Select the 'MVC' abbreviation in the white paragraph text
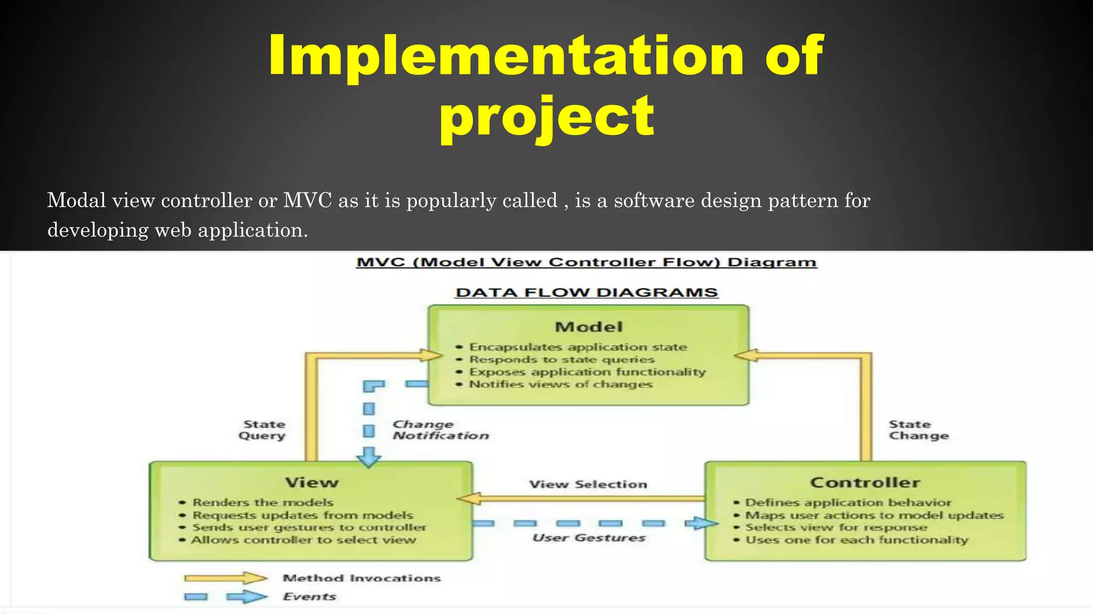pyautogui.click(x=307, y=201)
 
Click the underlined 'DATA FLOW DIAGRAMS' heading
pyautogui.click(x=587, y=293)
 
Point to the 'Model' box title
pyautogui.click(x=589, y=327)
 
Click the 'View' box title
pyautogui.click(x=312, y=483)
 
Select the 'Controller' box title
pyautogui.click(x=865, y=483)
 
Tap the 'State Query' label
pyautogui.click(x=263, y=430)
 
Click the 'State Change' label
pyautogui.click(x=918, y=430)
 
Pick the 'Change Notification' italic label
pyautogui.click(x=440, y=430)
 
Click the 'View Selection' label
pyautogui.click(x=588, y=484)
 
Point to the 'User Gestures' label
pyautogui.click(x=589, y=538)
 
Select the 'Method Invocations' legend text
pyautogui.click(x=361, y=578)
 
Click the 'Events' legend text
pyautogui.click(x=309, y=597)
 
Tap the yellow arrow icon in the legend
pyautogui.click(x=225, y=578)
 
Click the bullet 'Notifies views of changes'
pyautogui.click(x=560, y=384)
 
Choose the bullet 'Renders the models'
pyautogui.click(x=263, y=502)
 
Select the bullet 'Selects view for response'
pyautogui.click(x=836, y=527)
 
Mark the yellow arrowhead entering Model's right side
pyautogui.click(x=747, y=355)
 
